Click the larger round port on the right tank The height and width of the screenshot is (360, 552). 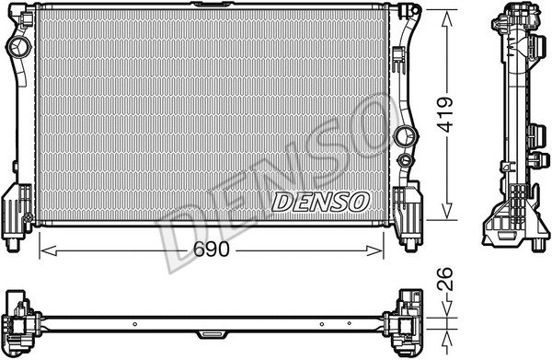pos(402,138)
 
